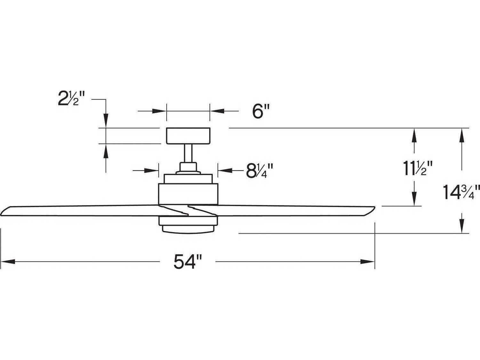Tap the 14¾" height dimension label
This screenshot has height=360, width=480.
(x=461, y=192)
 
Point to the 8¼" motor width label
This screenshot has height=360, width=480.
(x=259, y=171)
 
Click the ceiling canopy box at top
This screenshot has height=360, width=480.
(x=188, y=135)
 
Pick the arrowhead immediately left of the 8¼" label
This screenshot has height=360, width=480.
(x=224, y=171)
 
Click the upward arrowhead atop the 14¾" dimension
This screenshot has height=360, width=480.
(x=461, y=134)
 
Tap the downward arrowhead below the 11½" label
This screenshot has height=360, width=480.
(x=414, y=200)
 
